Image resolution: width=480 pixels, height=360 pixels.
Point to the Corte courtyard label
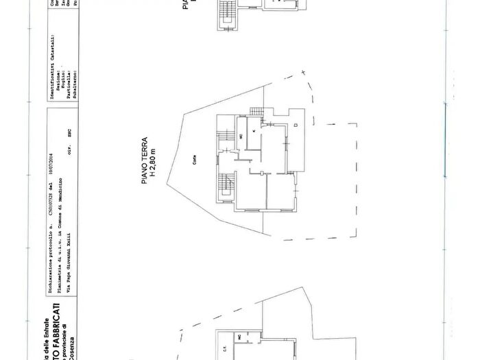point(196,162)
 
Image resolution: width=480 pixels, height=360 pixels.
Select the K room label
point(254,129)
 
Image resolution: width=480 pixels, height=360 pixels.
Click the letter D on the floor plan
point(294,126)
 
